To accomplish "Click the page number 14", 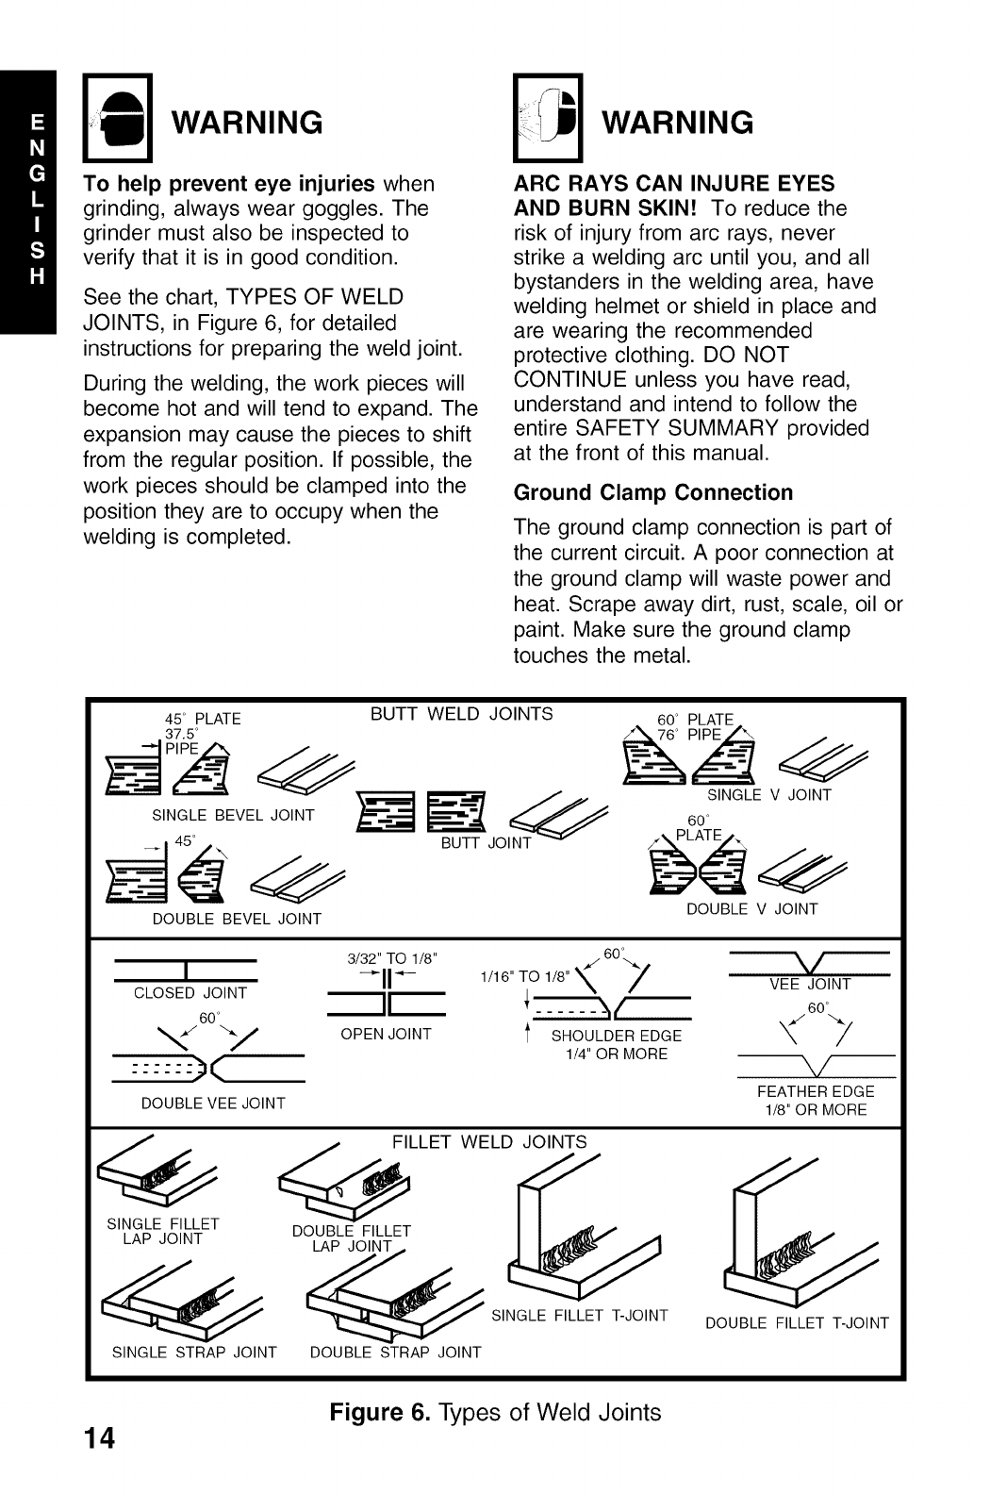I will pyautogui.click(x=98, y=1437).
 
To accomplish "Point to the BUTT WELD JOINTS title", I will pyautogui.click(x=462, y=713).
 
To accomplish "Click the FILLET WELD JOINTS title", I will pyautogui.click(x=488, y=1142).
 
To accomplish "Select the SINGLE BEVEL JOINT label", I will pyautogui.click(x=233, y=816).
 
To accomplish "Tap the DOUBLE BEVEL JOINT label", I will pyautogui.click(x=237, y=919).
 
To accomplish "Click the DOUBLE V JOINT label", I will pyautogui.click(x=751, y=909).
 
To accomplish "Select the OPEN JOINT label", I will pyautogui.click(x=386, y=1035).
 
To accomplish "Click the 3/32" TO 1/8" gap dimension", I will pyautogui.click(x=387, y=960).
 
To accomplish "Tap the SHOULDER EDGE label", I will pyautogui.click(x=616, y=1036).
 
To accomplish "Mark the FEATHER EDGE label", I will pyautogui.click(x=816, y=1091).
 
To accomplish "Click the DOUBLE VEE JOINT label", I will pyautogui.click(x=213, y=1103).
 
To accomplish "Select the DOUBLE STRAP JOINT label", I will pyautogui.click(x=395, y=1353).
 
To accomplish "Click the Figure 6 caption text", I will pyautogui.click(x=495, y=1412).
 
